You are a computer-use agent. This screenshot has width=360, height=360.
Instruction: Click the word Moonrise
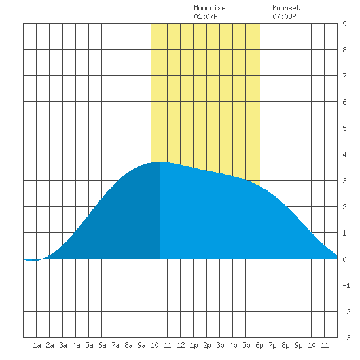point(209,8)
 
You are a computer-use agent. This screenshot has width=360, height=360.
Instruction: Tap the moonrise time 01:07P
point(206,16)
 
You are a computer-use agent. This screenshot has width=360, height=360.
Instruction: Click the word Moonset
point(286,8)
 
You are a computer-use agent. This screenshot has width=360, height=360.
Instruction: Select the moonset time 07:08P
point(284,16)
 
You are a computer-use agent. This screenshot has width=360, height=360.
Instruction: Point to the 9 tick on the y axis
point(344,24)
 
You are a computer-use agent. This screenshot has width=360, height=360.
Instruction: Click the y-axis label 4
point(344,154)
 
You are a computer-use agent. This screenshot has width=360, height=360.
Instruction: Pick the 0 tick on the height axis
point(344,259)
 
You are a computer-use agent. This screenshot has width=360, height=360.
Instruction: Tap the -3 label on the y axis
point(346,338)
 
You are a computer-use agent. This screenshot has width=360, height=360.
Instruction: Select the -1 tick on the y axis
point(346,285)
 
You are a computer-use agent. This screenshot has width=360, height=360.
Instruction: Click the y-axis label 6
point(344,102)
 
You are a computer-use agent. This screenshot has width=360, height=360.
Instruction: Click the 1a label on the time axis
point(37,345)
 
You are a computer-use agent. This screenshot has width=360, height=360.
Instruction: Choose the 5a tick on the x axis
point(89,345)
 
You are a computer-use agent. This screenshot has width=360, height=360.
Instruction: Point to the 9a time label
point(141,345)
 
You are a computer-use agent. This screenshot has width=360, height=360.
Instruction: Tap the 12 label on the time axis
point(181,345)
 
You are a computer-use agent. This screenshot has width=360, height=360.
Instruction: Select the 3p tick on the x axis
point(220,345)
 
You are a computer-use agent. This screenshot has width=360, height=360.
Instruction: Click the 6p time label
point(259,345)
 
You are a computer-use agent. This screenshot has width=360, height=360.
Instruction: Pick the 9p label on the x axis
point(298,345)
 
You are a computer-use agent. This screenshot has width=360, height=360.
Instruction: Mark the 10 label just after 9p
point(312,345)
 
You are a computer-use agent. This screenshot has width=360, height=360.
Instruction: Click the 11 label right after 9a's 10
point(168,345)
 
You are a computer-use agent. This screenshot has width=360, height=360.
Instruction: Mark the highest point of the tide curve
point(160,162)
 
